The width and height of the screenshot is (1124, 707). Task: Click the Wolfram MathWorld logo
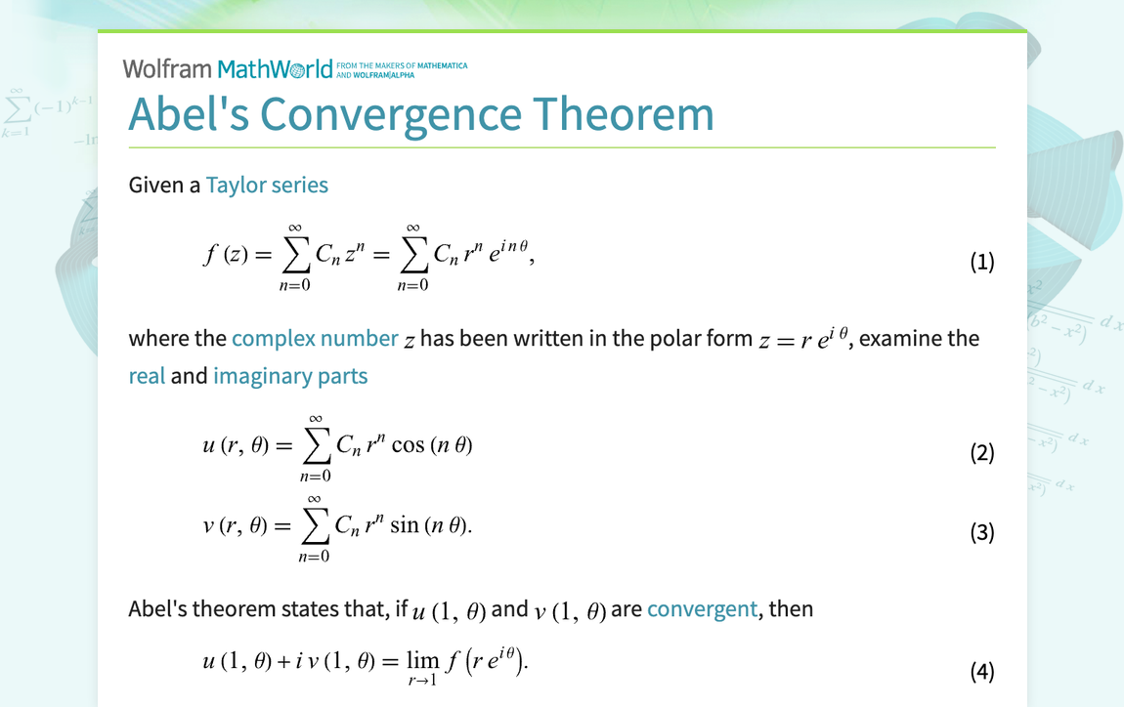pos(228,68)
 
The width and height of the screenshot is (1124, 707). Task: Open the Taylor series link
pos(267,185)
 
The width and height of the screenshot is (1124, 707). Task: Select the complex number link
pos(315,339)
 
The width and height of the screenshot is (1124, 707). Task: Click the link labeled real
pos(147,376)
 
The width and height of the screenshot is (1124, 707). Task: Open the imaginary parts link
pos(290,376)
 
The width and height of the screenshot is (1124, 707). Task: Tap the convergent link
pos(702,609)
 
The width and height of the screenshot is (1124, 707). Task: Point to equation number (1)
pos(981,262)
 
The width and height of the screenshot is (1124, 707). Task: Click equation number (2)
pos(981,453)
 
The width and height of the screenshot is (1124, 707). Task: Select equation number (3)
pos(981,532)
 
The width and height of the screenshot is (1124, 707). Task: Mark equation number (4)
pos(981,671)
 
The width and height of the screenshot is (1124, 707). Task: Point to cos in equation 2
pos(407,445)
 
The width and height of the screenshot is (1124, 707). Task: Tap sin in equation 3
pos(405,525)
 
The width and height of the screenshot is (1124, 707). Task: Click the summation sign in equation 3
pos(314,525)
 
